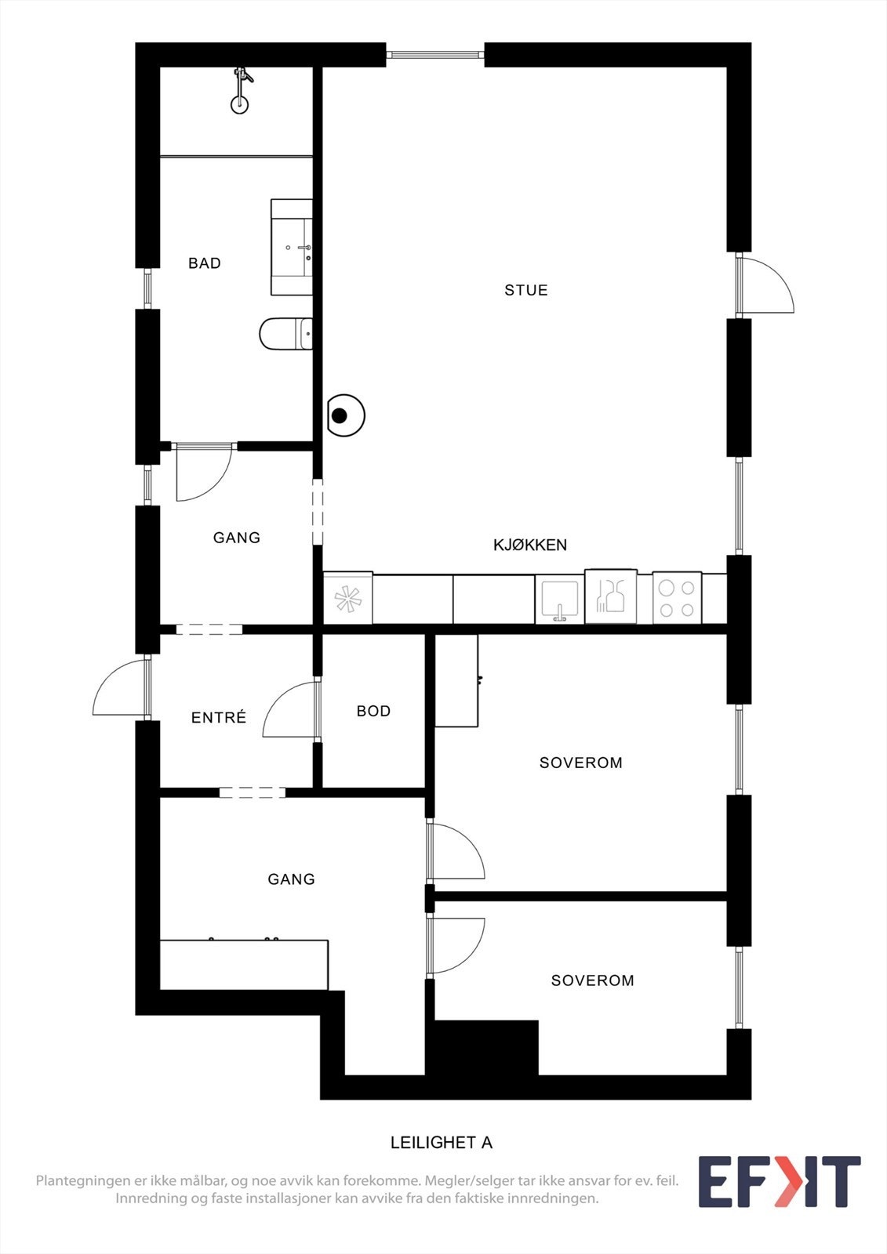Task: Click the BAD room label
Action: pyautogui.click(x=205, y=263)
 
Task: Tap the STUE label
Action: pyautogui.click(x=526, y=290)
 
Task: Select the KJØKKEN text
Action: pyautogui.click(x=530, y=545)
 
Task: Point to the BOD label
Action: pyautogui.click(x=373, y=711)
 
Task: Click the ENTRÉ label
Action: pyautogui.click(x=219, y=717)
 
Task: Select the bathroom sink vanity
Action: pyautogui.click(x=292, y=247)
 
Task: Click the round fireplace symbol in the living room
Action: pyautogui.click(x=344, y=416)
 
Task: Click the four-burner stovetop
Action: pyautogui.click(x=677, y=598)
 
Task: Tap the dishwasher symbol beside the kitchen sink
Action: pyautogui.click(x=610, y=597)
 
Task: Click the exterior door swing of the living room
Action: pyautogui.click(x=765, y=286)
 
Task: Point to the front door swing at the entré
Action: pyautogui.click(x=120, y=690)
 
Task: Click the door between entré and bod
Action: pyautogui.click(x=291, y=710)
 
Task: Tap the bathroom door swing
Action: pyautogui.click(x=204, y=473)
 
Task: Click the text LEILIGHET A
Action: pyautogui.click(x=442, y=1143)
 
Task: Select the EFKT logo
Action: pyautogui.click(x=779, y=1181)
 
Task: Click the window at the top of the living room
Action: pyautogui.click(x=435, y=55)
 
